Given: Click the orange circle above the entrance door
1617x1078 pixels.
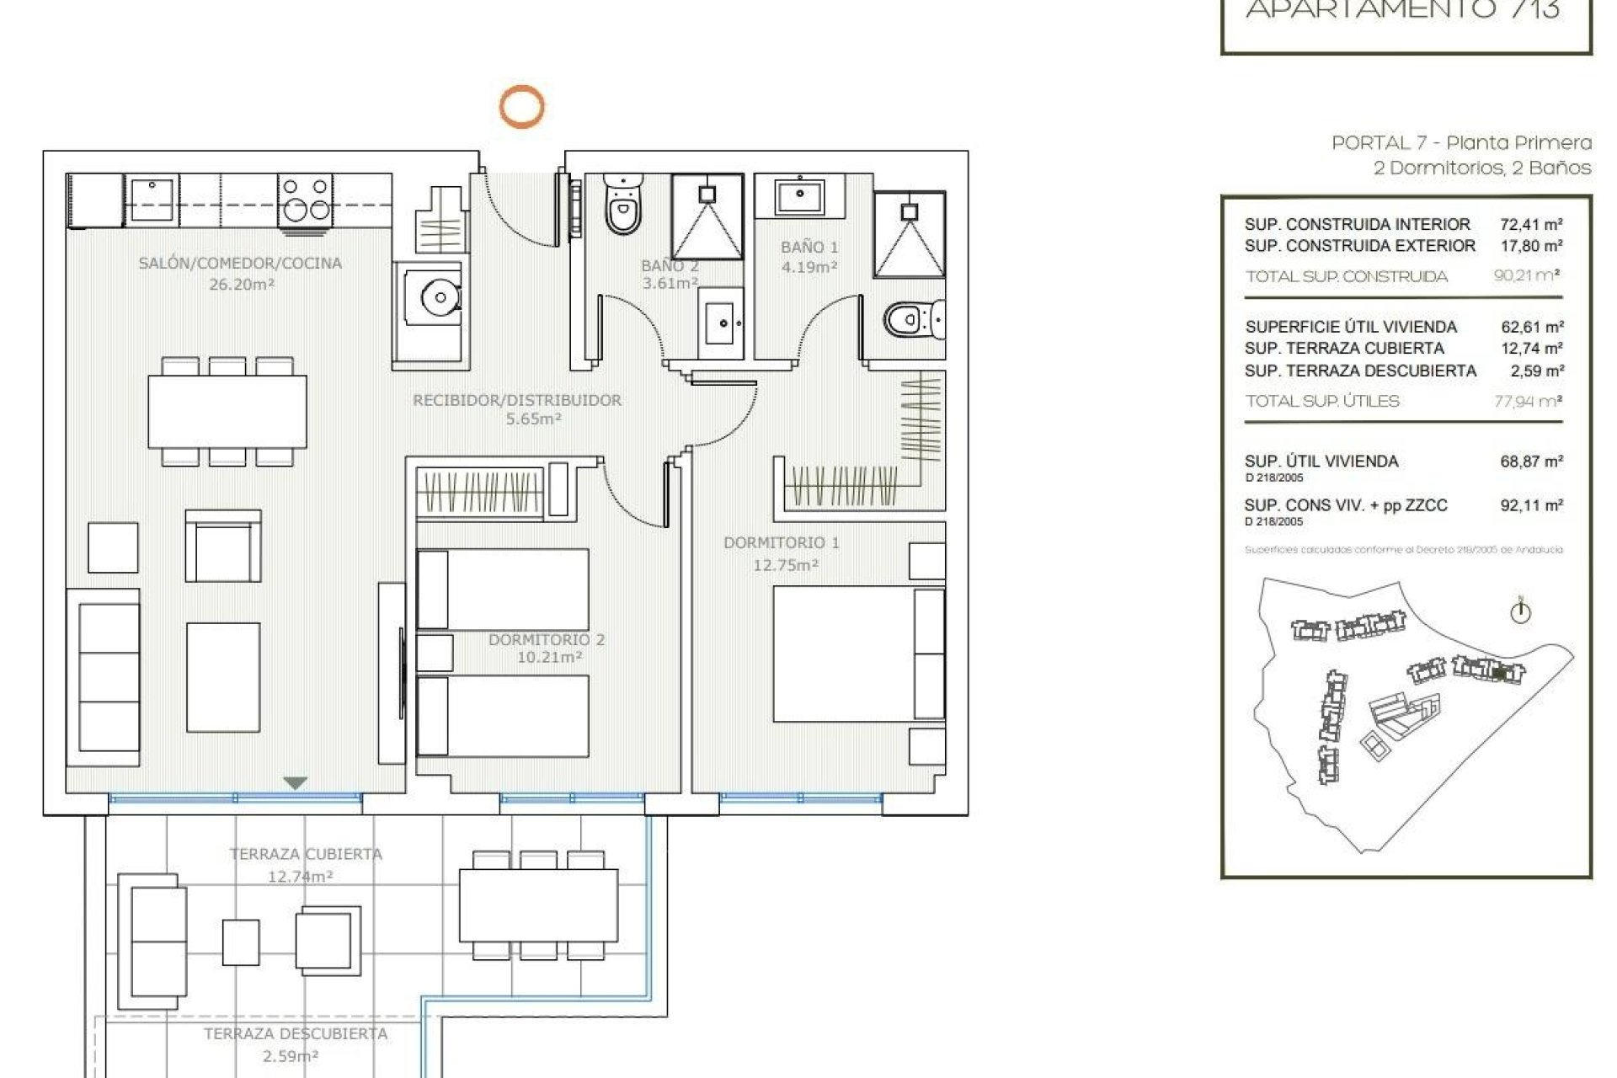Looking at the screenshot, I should [x=521, y=107].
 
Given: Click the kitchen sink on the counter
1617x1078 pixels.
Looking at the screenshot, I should [x=152, y=200].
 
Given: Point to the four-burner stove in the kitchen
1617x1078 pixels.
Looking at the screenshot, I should [x=305, y=200].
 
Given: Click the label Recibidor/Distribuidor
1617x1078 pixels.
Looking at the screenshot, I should [x=517, y=400].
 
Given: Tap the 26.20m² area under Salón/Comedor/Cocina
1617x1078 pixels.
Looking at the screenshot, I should [x=242, y=285].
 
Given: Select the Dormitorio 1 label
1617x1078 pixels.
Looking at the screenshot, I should [x=781, y=543].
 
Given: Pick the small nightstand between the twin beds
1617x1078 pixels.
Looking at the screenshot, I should [x=435, y=653].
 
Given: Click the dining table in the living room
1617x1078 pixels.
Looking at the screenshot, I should [x=227, y=412].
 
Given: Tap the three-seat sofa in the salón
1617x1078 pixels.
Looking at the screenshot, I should [x=104, y=676].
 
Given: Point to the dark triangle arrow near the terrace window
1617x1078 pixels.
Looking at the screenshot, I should [x=295, y=783].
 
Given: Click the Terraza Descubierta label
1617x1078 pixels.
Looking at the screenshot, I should [x=296, y=1033].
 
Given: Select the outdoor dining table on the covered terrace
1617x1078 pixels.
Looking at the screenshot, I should [x=538, y=905].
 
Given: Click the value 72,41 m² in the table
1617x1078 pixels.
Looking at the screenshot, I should [x=1531, y=224].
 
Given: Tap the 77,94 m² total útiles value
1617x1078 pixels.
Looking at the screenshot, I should [x=1528, y=402].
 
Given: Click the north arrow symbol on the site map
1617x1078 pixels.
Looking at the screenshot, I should [x=1520, y=611].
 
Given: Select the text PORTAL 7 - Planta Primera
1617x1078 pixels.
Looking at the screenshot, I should [x=1461, y=143].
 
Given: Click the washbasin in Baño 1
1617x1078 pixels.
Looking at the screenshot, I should [x=799, y=196].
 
